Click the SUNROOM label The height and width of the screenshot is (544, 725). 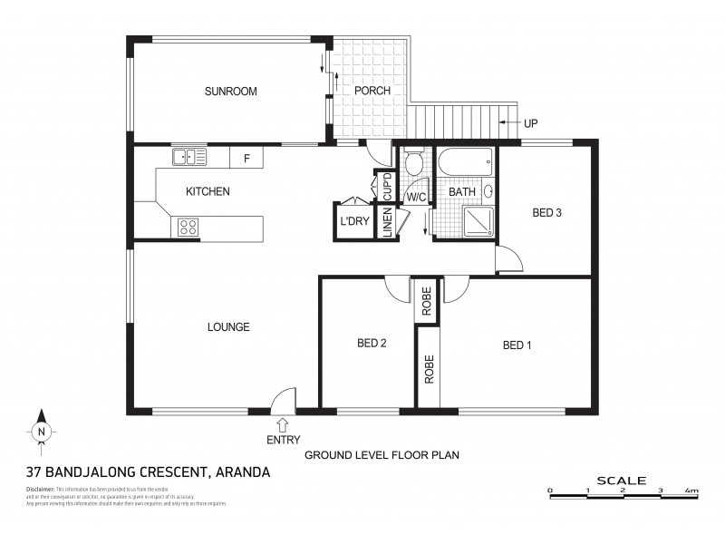(x=230, y=91)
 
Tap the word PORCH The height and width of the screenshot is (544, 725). (x=372, y=91)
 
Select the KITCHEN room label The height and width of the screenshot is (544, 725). (x=208, y=191)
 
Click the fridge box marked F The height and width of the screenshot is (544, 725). (x=246, y=158)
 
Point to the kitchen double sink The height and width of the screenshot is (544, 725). (x=190, y=158)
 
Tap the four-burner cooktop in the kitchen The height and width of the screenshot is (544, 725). (x=188, y=227)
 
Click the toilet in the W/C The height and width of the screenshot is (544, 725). (x=413, y=164)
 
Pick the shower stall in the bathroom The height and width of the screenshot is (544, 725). (x=478, y=220)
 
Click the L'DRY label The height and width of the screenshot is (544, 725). (x=352, y=222)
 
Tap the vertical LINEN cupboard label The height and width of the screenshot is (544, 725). (x=388, y=223)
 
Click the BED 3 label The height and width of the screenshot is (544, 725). (x=547, y=213)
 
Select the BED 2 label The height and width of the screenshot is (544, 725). (x=372, y=343)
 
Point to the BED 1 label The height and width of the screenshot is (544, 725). (x=517, y=345)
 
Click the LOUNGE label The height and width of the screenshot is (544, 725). (x=227, y=327)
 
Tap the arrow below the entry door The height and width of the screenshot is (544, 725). (x=283, y=424)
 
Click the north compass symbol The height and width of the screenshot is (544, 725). (x=41, y=432)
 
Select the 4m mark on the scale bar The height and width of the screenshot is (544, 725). (x=692, y=491)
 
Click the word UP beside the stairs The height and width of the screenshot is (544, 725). (x=531, y=122)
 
